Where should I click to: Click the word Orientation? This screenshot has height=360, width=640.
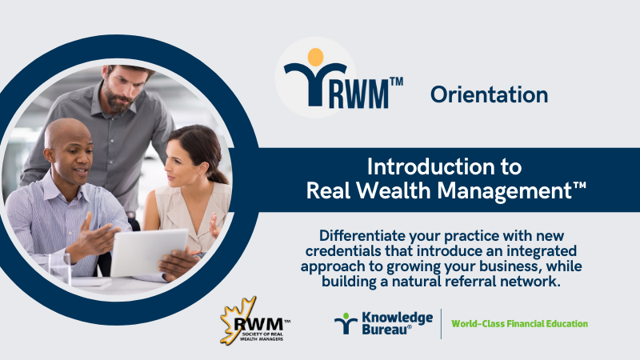coord(489,94)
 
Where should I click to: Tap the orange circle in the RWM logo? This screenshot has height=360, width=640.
coord(315,57)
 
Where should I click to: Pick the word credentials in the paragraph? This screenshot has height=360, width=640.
coord(338,250)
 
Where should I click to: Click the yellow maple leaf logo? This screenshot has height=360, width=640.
coord(237,321)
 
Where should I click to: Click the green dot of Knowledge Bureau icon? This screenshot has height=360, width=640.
coord(346,315)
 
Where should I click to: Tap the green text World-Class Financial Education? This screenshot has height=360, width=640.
coord(519,324)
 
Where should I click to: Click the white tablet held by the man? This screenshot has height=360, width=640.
coord(149,252)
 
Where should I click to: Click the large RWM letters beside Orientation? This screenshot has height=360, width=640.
coord(358,94)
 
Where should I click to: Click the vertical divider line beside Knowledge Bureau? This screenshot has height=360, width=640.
coord(442,324)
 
